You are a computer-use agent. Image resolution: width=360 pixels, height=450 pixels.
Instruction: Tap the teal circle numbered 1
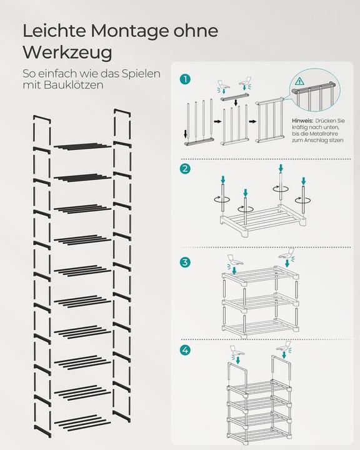pos(184,79)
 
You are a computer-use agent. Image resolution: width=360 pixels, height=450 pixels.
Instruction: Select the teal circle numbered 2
pos(184,169)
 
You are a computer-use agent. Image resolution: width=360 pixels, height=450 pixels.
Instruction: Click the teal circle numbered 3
pos(184,262)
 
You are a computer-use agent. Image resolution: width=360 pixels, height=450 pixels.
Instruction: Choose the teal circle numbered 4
pos(184,351)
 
